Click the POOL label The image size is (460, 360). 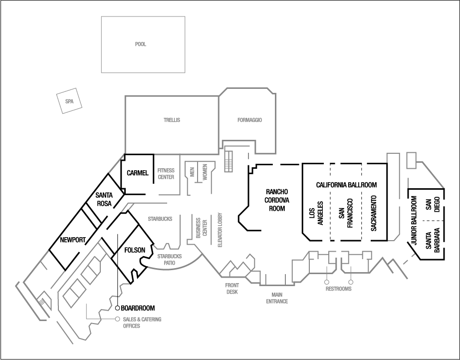(141, 44)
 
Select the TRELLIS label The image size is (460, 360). (171, 120)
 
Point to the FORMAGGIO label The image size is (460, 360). (249, 120)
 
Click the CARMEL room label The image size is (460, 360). (138, 173)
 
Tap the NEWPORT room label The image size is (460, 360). (72, 240)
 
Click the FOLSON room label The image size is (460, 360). (134, 250)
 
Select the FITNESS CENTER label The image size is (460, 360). (166, 173)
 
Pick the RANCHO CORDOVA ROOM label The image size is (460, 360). (275, 200)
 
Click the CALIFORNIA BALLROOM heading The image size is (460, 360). (346, 185)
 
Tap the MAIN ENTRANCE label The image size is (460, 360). (280, 298)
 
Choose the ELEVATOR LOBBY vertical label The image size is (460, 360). (220, 231)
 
